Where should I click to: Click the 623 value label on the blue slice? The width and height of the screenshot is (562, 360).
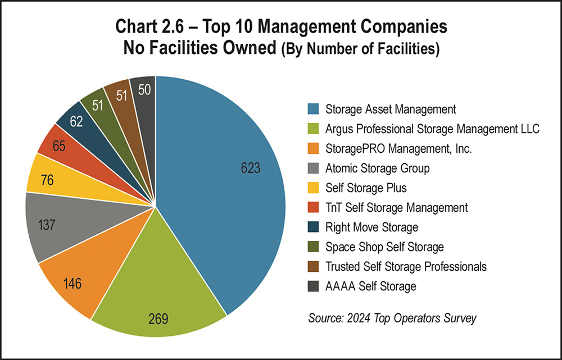[x=251, y=168]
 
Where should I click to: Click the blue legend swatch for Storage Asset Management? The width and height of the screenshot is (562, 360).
[x=314, y=108]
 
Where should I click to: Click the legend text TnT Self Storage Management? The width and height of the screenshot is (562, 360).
[x=396, y=207]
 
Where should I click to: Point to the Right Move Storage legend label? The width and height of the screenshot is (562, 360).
[x=371, y=227]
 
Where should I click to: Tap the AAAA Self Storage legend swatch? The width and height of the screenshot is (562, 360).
[x=314, y=286]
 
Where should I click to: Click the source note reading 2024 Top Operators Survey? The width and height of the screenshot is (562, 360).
[x=392, y=318]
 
